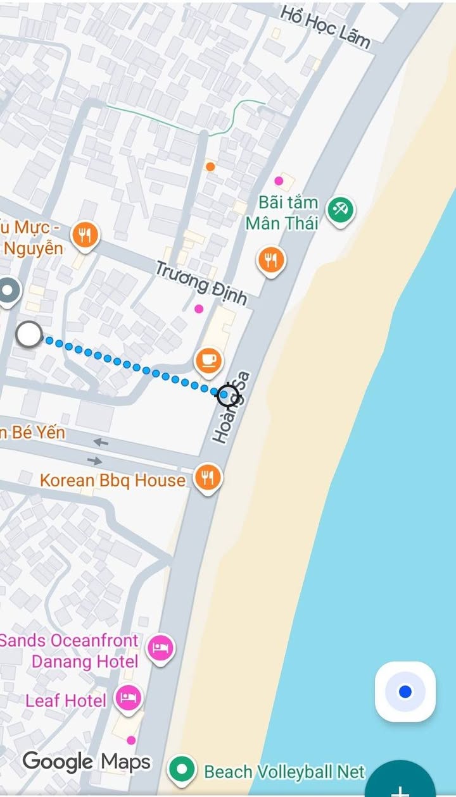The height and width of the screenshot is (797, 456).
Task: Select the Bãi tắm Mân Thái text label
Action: pos(282,213)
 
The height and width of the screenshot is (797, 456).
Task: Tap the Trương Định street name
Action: pos(201,282)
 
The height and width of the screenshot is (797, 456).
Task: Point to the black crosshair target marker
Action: pos(228,395)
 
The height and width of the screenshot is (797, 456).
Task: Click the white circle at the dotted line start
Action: pos(28,335)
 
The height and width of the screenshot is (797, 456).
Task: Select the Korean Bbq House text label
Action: pos(113,480)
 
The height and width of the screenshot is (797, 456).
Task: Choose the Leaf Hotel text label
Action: pos(66,700)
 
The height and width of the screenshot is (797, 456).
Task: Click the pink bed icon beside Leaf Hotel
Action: pos(129,699)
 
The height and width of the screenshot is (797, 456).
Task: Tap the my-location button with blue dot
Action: pos(405,692)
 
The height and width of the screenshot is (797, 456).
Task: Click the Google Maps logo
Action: pos(87,762)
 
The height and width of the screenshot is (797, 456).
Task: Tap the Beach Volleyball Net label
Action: pos(284,772)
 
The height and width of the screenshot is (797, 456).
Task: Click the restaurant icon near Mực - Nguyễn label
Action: pos(84,236)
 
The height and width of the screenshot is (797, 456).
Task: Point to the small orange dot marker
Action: pos(210,166)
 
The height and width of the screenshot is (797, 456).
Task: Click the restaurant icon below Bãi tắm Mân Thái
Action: pos(271,259)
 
